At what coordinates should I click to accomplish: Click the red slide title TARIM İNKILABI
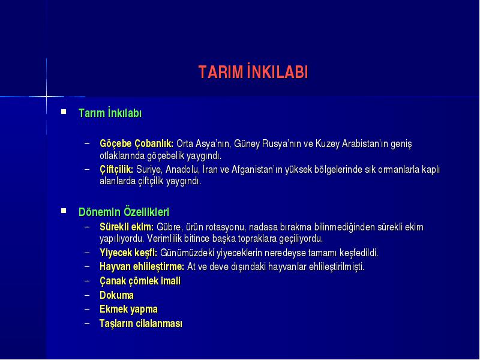pyautogui.click(x=253, y=72)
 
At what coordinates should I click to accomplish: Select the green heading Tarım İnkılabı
pyautogui.click(x=110, y=113)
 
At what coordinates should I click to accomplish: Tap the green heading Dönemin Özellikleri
pyautogui.click(x=124, y=212)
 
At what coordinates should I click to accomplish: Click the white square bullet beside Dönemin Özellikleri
pyautogui.click(x=64, y=211)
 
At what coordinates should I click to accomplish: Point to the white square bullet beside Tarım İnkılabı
pyautogui.click(x=64, y=112)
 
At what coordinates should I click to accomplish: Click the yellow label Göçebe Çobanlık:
pyautogui.click(x=137, y=143)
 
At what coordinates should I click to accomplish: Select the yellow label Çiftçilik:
pyautogui.click(x=116, y=169)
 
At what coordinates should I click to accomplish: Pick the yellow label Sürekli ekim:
pyautogui.click(x=127, y=227)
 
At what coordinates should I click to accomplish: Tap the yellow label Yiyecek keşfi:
pyautogui.click(x=128, y=253)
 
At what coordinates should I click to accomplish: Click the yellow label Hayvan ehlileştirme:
pyautogui.click(x=142, y=266)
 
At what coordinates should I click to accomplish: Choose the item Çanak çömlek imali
pyautogui.click(x=140, y=281)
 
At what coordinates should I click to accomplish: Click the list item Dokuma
pyautogui.click(x=116, y=295)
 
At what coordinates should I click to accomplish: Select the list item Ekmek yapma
pyautogui.click(x=128, y=309)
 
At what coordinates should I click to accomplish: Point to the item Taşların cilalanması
pyautogui.click(x=141, y=323)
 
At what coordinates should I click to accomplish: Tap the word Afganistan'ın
pyautogui.click(x=257, y=169)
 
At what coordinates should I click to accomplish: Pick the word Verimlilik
pyautogui.click(x=164, y=238)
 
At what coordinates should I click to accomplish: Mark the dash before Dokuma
pyautogui.click(x=87, y=295)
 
